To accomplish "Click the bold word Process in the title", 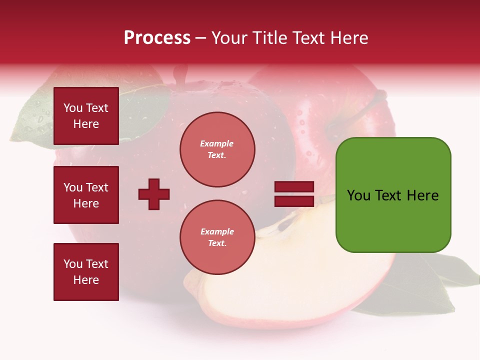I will point(157,38).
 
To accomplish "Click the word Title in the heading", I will point(270,38).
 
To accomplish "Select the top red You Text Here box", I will point(86,116).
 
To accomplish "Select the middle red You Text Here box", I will point(86,195).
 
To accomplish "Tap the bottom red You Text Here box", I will point(86,272).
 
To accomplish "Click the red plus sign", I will point(154,194).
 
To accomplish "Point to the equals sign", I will point(294,194).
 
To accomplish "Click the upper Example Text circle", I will point(217,149).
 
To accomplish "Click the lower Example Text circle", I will point(217,237).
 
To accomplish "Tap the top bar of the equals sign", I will point(294,187).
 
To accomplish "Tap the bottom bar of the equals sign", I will point(294,201).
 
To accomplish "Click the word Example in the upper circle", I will point(217,143).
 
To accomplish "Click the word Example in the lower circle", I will point(217,231).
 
